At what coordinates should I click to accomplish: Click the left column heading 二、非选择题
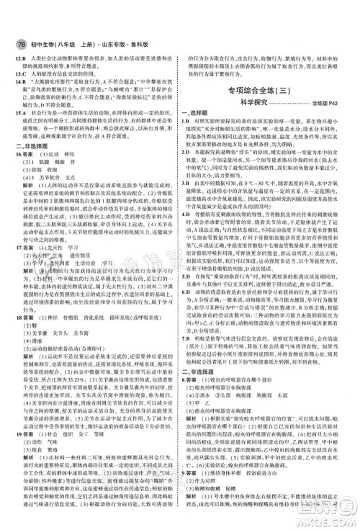pos(32,151)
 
